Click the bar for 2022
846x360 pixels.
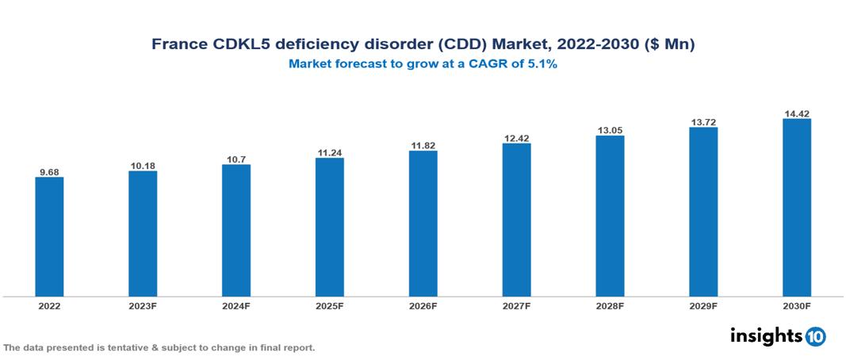(x=49, y=236)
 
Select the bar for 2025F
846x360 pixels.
(x=329, y=227)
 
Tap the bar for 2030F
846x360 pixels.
(x=796, y=208)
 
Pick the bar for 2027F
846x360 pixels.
(x=516, y=220)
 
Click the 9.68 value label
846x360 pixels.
(x=49, y=171)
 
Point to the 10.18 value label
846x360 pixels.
(x=143, y=165)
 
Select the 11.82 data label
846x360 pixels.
(x=423, y=145)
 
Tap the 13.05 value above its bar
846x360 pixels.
(x=610, y=130)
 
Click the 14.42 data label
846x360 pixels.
(x=796, y=113)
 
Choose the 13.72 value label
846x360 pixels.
(x=703, y=121)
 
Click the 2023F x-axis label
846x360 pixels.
(x=143, y=305)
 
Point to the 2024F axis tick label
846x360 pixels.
(x=236, y=305)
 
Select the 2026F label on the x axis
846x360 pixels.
(x=423, y=305)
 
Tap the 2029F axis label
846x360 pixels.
(x=703, y=305)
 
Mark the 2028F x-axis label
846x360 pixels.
(x=610, y=305)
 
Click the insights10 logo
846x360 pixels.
(x=778, y=335)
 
